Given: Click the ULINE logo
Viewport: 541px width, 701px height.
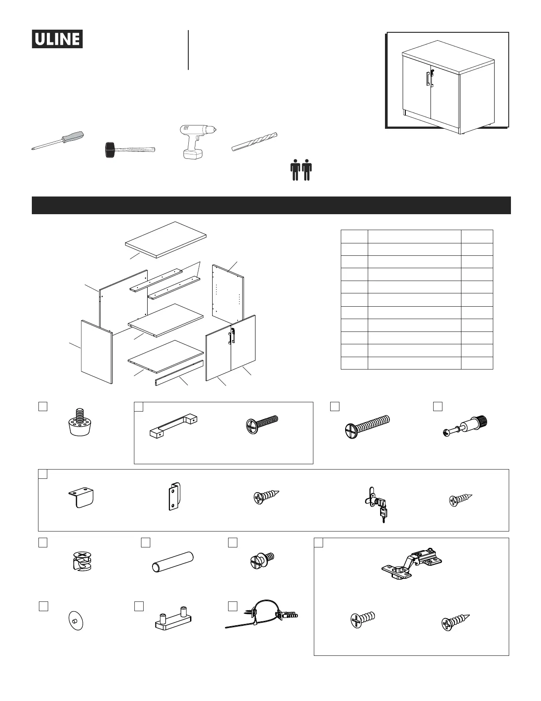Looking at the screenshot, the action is point(57,39).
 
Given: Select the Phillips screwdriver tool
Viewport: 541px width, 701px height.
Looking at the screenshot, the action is point(58,140).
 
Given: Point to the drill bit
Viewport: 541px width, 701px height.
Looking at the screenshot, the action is point(255,142).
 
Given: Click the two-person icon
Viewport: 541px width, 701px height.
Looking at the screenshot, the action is point(301,170).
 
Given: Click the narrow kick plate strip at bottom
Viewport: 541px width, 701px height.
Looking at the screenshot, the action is point(179,373).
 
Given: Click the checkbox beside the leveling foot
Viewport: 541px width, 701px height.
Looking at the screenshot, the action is point(43,407).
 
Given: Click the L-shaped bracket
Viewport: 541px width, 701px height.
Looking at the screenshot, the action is point(82,498).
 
